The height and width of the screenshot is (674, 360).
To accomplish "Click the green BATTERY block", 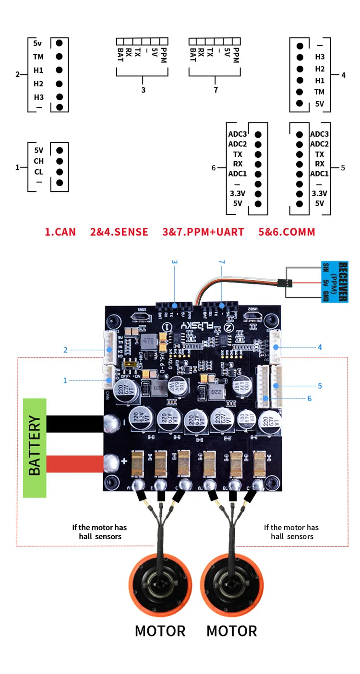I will (35, 448).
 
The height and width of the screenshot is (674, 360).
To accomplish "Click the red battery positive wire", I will (74, 464).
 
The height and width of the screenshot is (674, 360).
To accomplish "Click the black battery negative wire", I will (74, 424).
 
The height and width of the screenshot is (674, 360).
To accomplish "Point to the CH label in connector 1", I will (38, 161).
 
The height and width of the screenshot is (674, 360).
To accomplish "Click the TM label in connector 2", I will (38, 57).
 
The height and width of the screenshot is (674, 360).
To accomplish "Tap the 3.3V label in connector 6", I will (237, 194).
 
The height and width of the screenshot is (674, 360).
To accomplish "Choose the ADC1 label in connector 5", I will (319, 174).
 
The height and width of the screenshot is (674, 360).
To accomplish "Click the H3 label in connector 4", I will (320, 57).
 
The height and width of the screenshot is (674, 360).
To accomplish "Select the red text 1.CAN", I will (60, 232).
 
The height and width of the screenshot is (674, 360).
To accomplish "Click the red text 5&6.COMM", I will (287, 232).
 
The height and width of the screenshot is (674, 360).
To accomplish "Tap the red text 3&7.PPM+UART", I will (203, 232).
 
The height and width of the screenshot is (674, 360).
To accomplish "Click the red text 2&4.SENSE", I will (119, 232).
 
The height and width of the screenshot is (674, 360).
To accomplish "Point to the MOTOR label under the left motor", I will (160, 631).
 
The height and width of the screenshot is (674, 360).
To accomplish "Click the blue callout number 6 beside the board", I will (310, 398).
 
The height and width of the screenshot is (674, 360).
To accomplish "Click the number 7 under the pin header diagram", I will (216, 90).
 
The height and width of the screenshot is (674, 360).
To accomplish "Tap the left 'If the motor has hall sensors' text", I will (100, 532).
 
